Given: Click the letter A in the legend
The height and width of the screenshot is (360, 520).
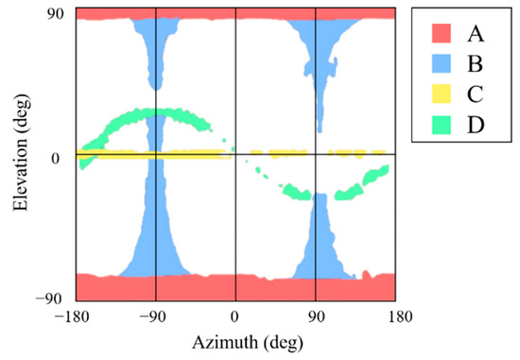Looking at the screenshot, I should [x=477, y=35].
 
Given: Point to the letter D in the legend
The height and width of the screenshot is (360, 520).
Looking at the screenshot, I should [x=477, y=124].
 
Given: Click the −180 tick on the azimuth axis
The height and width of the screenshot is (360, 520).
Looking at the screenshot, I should [x=76, y=317].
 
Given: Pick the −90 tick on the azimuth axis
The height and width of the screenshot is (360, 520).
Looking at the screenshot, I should [x=155, y=317].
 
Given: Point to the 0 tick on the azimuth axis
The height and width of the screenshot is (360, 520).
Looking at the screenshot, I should [x=234, y=317].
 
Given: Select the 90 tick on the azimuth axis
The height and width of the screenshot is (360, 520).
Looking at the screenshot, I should [x=316, y=317].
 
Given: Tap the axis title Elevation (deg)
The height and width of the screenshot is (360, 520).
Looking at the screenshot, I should [x=20, y=156].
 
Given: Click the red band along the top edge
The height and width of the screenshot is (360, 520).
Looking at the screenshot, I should [x=234, y=13].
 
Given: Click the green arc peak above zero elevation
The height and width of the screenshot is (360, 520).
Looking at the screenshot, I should [x=155, y=113].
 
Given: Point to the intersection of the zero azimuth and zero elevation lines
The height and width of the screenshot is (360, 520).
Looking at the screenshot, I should [x=234, y=153].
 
